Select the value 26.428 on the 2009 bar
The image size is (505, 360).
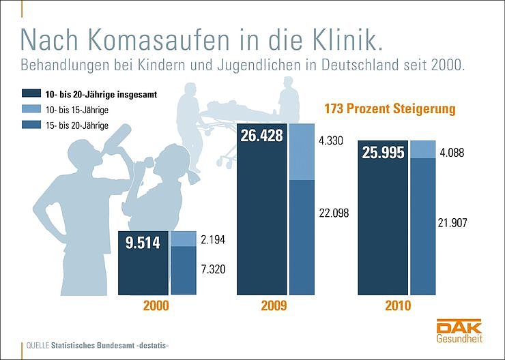pyautogui.click(x=262, y=136)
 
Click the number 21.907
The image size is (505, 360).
pyautogui.click(x=453, y=222)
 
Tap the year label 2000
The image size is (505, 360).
pyautogui.click(x=156, y=305)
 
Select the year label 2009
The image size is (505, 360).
pyautogui.click(x=274, y=305)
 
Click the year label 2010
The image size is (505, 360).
pyautogui.click(x=397, y=305)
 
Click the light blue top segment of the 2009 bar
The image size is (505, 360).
pyautogui.click(x=302, y=152)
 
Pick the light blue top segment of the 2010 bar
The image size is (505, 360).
pyautogui.click(x=423, y=149)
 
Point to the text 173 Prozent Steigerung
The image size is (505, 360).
pyautogui.click(x=388, y=109)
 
